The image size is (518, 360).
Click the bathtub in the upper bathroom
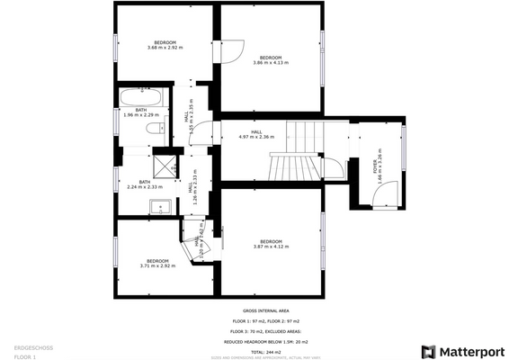point(140,95)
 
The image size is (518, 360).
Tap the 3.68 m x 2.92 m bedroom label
point(165,45)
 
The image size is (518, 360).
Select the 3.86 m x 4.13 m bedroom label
point(271,60)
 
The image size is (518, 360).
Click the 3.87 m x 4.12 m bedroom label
point(271,244)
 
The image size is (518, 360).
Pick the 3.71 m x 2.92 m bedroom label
point(156,263)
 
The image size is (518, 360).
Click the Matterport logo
point(465,350)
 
